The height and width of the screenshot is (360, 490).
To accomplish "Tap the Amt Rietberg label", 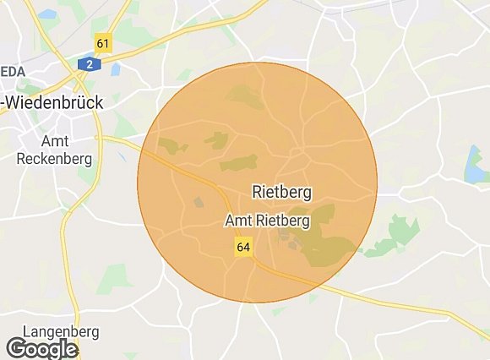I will (268, 221).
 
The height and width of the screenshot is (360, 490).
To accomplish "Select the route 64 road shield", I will (243, 247).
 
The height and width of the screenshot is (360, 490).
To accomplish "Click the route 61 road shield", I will (104, 44).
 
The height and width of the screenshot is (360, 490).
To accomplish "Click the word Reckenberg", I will (47, 158).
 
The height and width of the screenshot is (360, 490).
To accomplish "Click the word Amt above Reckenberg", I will (56, 141).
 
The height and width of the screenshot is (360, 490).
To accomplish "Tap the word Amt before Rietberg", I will (237, 221).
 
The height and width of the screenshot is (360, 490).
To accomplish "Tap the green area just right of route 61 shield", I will (127, 35).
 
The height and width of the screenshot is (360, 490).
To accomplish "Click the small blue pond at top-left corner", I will (46, 14).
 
